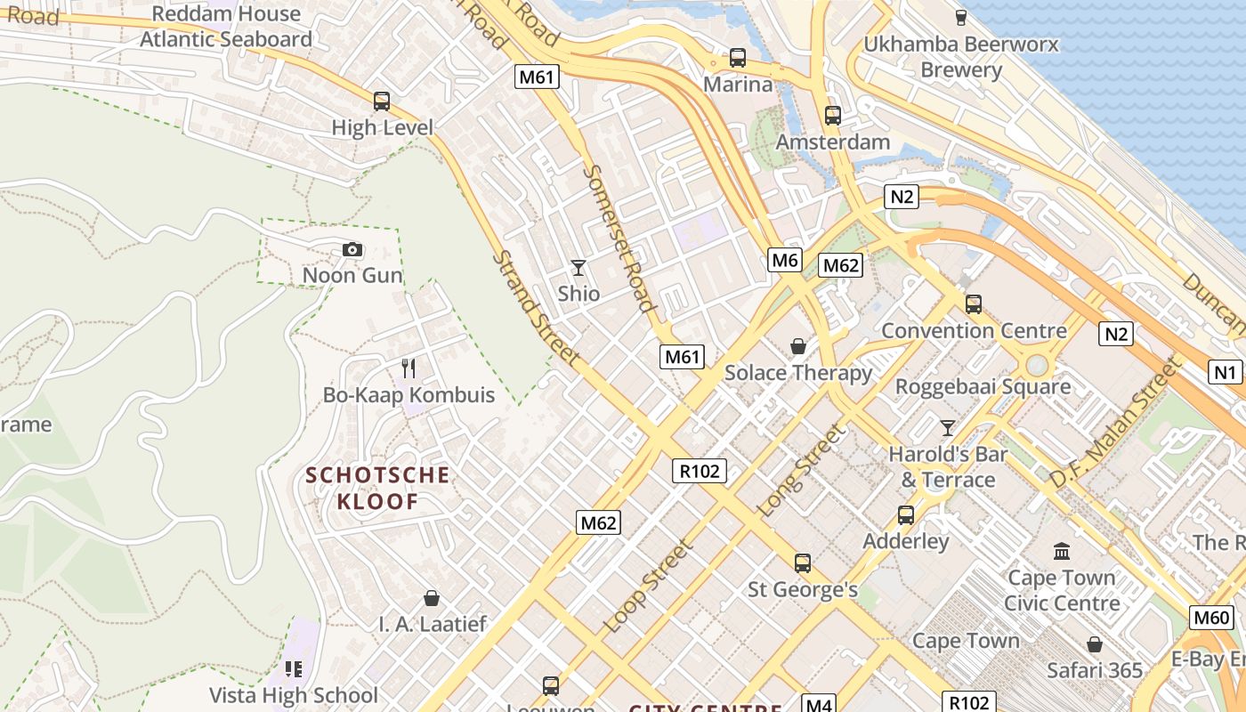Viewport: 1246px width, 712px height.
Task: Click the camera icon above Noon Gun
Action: (352, 249)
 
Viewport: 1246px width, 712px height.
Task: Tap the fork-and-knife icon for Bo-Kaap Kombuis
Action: (409, 368)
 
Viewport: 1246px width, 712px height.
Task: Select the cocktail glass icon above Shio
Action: (578, 267)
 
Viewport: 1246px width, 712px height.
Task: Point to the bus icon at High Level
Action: (382, 101)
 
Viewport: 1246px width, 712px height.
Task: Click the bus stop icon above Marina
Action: (737, 58)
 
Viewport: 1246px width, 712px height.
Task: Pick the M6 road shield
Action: (784, 260)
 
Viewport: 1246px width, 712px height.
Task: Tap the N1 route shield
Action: (1225, 372)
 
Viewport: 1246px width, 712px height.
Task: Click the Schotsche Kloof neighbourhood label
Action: (377, 488)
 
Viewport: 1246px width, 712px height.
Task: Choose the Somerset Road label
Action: (619, 239)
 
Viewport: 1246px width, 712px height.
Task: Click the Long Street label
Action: (799, 471)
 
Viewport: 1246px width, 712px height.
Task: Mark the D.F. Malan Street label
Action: (1116, 423)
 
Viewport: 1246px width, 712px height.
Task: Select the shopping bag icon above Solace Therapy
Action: (798, 345)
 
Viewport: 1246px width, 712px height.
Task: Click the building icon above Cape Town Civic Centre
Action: (1061, 552)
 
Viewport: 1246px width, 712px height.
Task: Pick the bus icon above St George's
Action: (802, 562)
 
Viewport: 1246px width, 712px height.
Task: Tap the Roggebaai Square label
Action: (983, 387)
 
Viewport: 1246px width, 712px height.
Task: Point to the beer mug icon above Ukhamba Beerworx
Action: (960, 17)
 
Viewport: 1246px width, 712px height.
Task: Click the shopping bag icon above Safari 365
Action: (1094, 643)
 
